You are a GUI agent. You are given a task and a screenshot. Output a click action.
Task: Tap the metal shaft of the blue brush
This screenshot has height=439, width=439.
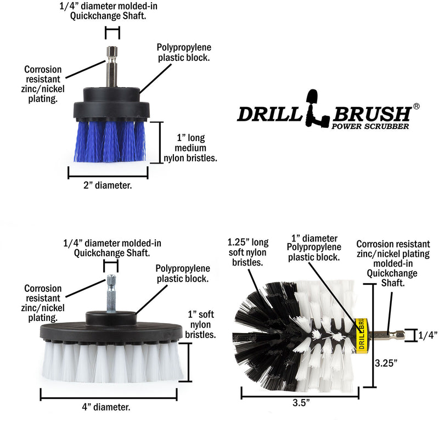112,66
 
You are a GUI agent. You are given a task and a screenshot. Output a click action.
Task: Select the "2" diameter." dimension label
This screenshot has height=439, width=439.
108,185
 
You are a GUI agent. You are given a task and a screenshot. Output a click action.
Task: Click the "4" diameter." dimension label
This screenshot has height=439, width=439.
108,407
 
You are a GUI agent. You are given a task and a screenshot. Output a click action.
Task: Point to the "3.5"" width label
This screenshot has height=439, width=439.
300,403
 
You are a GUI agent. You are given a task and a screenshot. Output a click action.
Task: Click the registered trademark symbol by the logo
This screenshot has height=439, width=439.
416,106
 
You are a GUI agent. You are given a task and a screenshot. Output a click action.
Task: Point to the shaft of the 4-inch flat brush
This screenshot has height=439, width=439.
111,291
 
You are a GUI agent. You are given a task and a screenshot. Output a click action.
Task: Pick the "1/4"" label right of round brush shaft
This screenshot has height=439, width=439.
427,335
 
